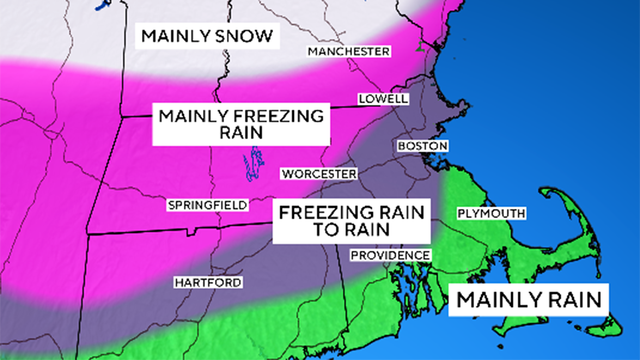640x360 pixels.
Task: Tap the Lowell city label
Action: coord(383,100)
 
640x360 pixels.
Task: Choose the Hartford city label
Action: coord(207,283)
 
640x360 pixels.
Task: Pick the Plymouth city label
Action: coord(489,214)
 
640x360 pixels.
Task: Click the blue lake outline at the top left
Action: coord(101,6)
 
